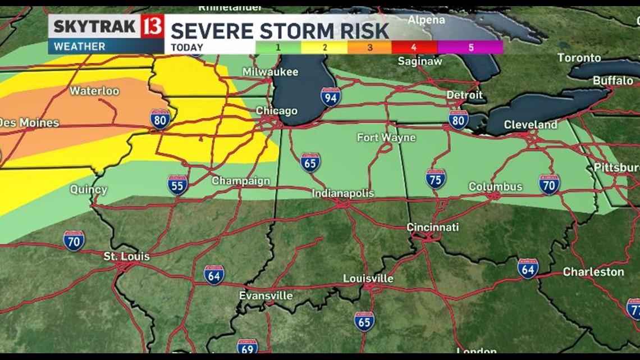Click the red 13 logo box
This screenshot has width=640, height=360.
point(152,26)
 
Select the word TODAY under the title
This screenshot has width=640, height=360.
point(187,48)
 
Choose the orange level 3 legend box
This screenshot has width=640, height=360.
point(369,48)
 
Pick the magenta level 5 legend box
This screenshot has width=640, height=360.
point(470,48)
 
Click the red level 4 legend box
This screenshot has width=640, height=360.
point(415,48)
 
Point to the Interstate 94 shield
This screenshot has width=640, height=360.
point(331,97)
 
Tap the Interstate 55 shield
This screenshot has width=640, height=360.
point(177,185)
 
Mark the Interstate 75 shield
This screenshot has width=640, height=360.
point(435,178)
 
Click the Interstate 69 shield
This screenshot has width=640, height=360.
point(247,347)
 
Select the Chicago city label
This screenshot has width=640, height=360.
point(276,111)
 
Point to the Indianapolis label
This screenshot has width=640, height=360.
point(342,193)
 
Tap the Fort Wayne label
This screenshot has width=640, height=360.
point(386,138)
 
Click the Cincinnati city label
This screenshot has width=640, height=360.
point(432,227)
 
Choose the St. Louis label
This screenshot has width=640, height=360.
point(126,257)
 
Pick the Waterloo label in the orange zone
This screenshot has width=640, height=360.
point(94,91)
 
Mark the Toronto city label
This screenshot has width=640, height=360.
point(579,58)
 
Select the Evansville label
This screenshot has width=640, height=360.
point(266,295)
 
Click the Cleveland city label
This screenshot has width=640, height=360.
point(530,125)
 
